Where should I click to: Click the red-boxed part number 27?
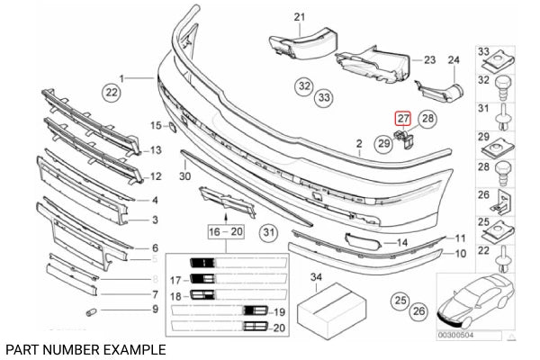402,117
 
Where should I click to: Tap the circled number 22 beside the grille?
111,92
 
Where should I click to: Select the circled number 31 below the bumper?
268,234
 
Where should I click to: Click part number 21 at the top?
300,15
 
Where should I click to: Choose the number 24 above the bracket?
454,60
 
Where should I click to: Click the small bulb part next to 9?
90,311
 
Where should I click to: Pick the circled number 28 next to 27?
427,118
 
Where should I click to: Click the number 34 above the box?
316,277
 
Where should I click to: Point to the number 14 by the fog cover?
402,243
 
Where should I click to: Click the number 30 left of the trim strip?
184,176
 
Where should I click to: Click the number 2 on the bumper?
357,143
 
